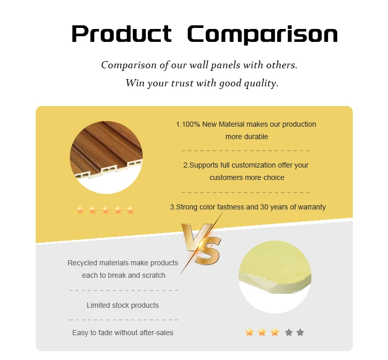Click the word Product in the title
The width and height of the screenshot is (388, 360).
(121, 34)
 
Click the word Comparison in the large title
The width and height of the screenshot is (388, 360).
(262, 34)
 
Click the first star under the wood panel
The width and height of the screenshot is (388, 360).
(80, 210)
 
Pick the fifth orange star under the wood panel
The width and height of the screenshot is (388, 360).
(130, 210)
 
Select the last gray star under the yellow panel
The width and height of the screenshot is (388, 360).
(300, 332)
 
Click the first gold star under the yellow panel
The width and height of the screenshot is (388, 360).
(249, 332)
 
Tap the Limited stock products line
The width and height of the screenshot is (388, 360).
(123, 305)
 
